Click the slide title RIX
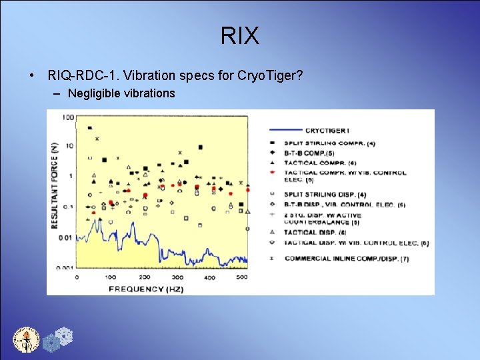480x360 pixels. [240, 36]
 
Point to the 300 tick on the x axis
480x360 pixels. [177, 277]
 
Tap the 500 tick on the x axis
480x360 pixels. [242, 277]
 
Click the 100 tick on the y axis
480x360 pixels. [67, 118]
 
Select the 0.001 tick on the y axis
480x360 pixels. [65, 267]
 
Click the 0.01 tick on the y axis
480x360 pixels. [66, 237]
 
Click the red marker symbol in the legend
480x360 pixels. [273, 172]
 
